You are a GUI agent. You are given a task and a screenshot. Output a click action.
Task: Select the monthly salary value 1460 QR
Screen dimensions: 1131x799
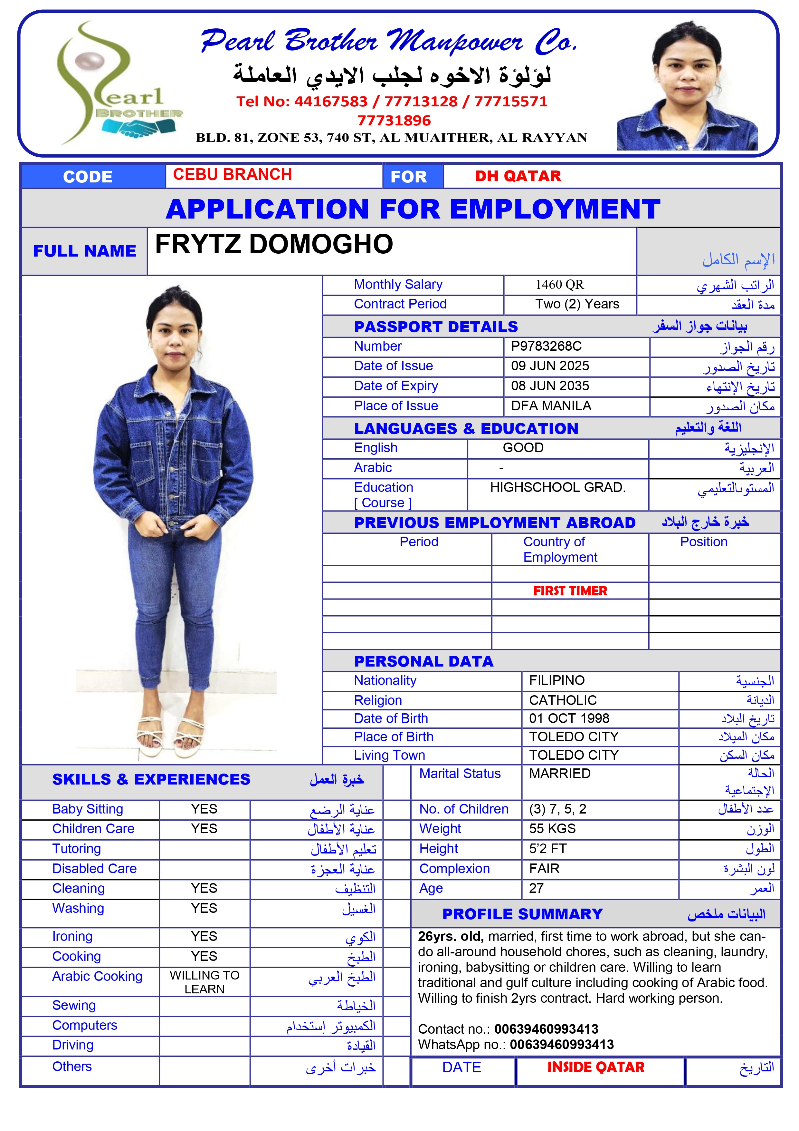pyautogui.click(x=559, y=285)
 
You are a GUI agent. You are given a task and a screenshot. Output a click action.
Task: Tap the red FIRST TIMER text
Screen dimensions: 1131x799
pyautogui.click(x=570, y=590)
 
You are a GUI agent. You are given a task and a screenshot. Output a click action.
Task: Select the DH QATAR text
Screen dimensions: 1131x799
pyautogui.click(x=518, y=176)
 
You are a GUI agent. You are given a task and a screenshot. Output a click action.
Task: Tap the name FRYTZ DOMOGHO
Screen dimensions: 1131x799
pyautogui.click(x=274, y=244)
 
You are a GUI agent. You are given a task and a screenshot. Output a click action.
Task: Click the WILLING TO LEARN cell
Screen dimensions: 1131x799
pyautogui.click(x=204, y=982)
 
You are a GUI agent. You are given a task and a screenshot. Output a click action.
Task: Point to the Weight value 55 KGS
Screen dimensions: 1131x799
pyautogui.click(x=552, y=829)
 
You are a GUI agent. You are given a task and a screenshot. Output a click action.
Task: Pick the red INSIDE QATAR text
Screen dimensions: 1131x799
pyautogui.click(x=596, y=1067)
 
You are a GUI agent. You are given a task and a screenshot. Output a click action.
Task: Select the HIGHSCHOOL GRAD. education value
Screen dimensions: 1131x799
pyautogui.click(x=558, y=487)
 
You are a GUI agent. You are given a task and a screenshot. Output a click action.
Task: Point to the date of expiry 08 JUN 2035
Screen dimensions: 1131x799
pyautogui.click(x=550, y=386)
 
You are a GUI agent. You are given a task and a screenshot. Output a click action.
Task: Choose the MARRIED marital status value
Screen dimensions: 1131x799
pyautogui.click(x=560, y=773)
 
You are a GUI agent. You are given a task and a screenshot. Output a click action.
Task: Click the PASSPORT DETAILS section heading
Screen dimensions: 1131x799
pyautogui.click(x=436, y=327)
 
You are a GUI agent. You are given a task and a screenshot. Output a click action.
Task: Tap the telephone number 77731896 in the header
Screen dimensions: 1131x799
pyautogui.click(x=394, y=120)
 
